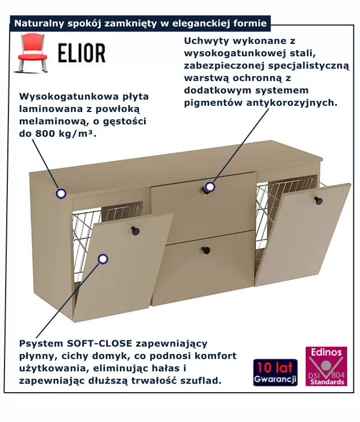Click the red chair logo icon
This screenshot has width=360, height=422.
click(33, 53)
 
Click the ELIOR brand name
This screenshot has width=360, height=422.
click(82, 53)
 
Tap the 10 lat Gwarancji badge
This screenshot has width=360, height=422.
click(275, 372)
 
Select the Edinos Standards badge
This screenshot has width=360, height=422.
click(326, 366)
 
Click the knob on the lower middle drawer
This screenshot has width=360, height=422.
click(206, 250)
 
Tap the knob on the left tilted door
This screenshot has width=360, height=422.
click(135, 231)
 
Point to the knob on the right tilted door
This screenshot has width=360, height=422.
click(318, 200)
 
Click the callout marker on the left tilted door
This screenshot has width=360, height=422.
click(102, 259)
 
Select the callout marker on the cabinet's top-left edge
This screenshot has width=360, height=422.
click(61, 193)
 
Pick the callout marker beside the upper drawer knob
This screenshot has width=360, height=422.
click(210, 186)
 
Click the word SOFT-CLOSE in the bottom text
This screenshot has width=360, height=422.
click(100, 343)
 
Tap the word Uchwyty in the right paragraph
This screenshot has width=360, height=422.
click(207, 41)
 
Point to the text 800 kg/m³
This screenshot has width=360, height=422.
click(65, 133)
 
